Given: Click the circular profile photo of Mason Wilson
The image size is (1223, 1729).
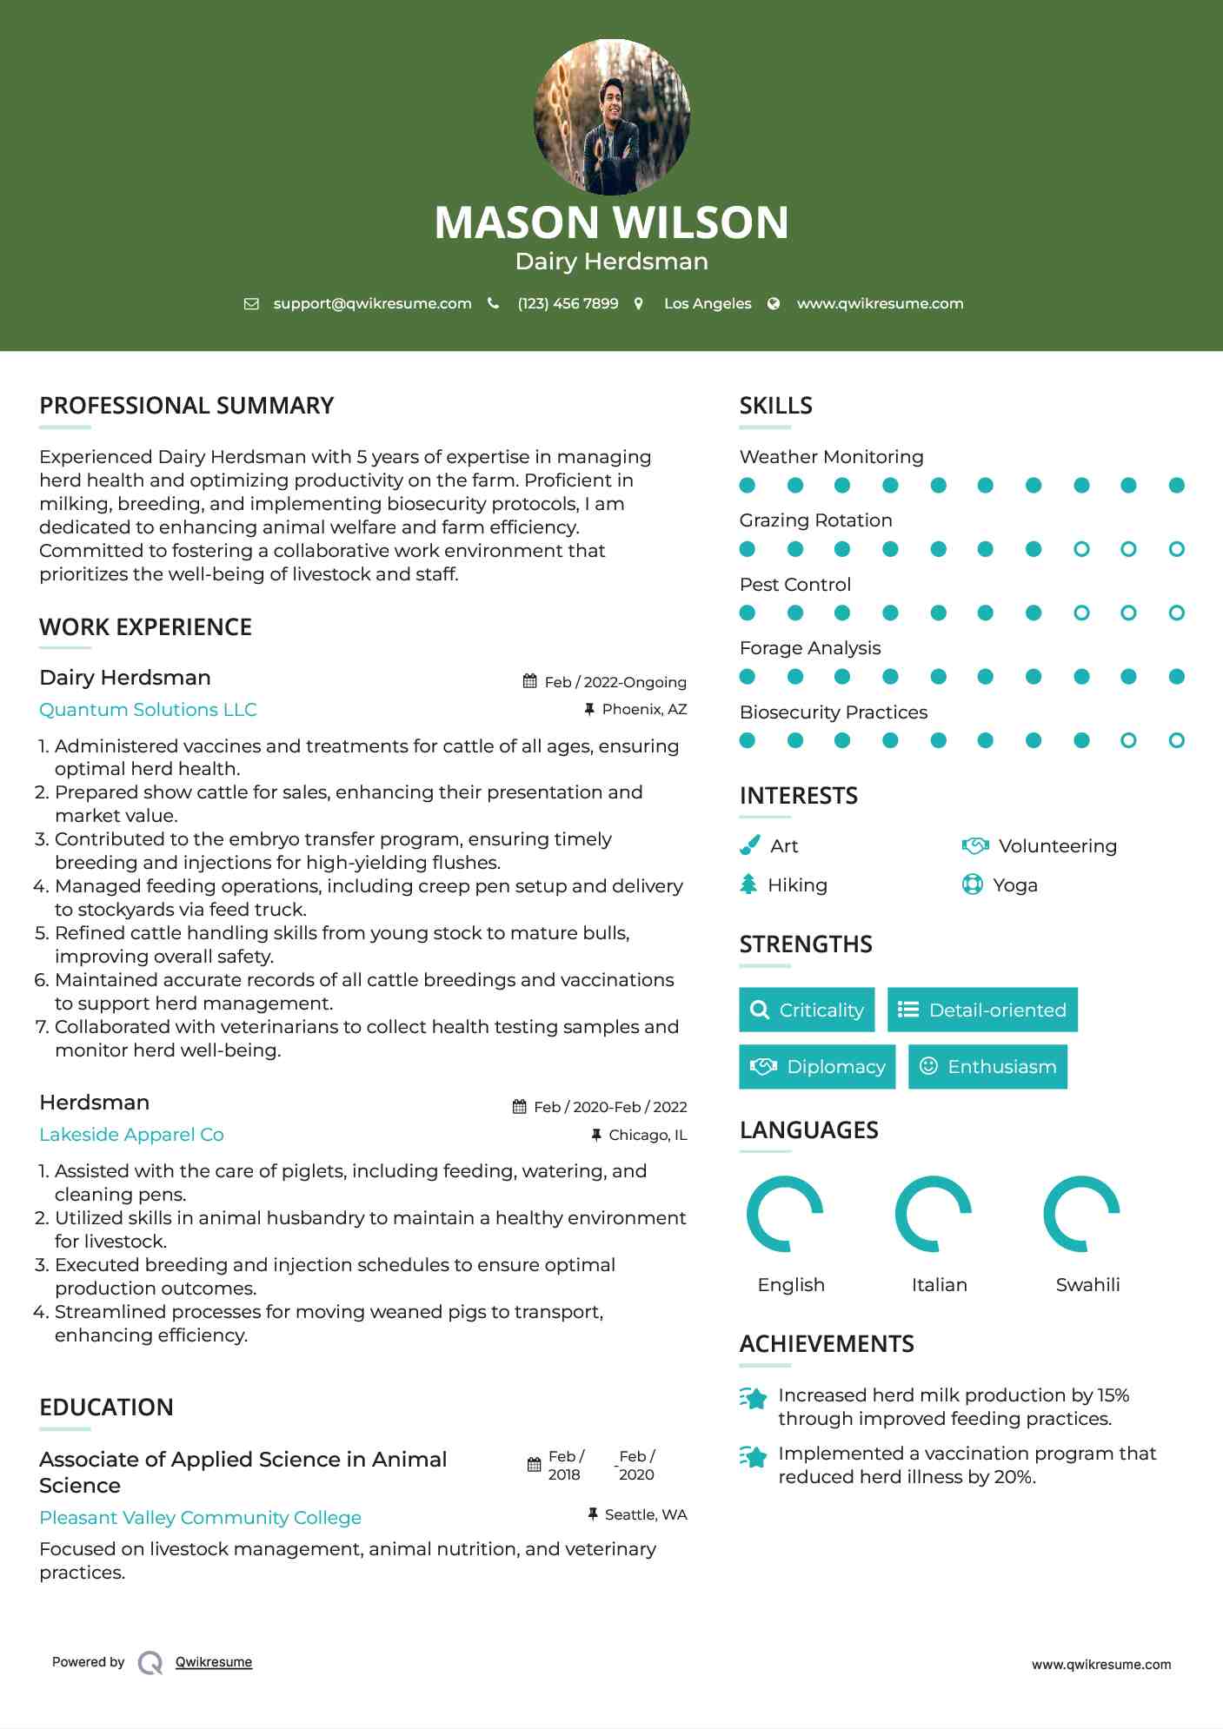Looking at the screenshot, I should pos(611,116).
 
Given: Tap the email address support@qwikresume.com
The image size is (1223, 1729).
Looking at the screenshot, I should pos(372,304).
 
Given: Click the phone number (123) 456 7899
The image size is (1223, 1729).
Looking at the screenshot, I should pos(568,304).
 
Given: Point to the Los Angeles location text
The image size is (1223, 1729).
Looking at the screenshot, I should pos(707,304).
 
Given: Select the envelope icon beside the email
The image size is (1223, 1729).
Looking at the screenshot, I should pos(251,304).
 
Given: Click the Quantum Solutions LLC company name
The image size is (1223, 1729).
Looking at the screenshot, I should pos(148,710).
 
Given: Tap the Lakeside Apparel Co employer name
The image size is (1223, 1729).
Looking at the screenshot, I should pos(131,1135).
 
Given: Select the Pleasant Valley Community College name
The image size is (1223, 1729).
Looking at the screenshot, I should pos(200,1518).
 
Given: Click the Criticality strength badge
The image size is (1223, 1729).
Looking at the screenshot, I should pos(807,1010).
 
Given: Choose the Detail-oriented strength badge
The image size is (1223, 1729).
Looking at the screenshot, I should pos(982,1010).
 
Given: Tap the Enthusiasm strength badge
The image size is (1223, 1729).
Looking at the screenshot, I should pos(987,1067).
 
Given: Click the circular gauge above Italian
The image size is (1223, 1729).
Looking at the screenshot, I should pos(933,1214).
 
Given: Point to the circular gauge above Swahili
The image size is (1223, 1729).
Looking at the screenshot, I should pos(1081,1214).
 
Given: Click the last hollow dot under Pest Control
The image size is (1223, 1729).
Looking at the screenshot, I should pos(1176,613).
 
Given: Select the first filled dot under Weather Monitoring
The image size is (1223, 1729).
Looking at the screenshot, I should pos(747,486).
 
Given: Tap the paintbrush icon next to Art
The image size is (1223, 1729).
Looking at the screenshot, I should pos(749,845).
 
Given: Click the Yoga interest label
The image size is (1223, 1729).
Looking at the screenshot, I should pos(1015,885).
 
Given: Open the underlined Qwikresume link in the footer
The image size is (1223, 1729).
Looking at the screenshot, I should pos(214,1662).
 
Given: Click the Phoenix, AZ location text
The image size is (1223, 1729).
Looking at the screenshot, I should pos(644,710).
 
